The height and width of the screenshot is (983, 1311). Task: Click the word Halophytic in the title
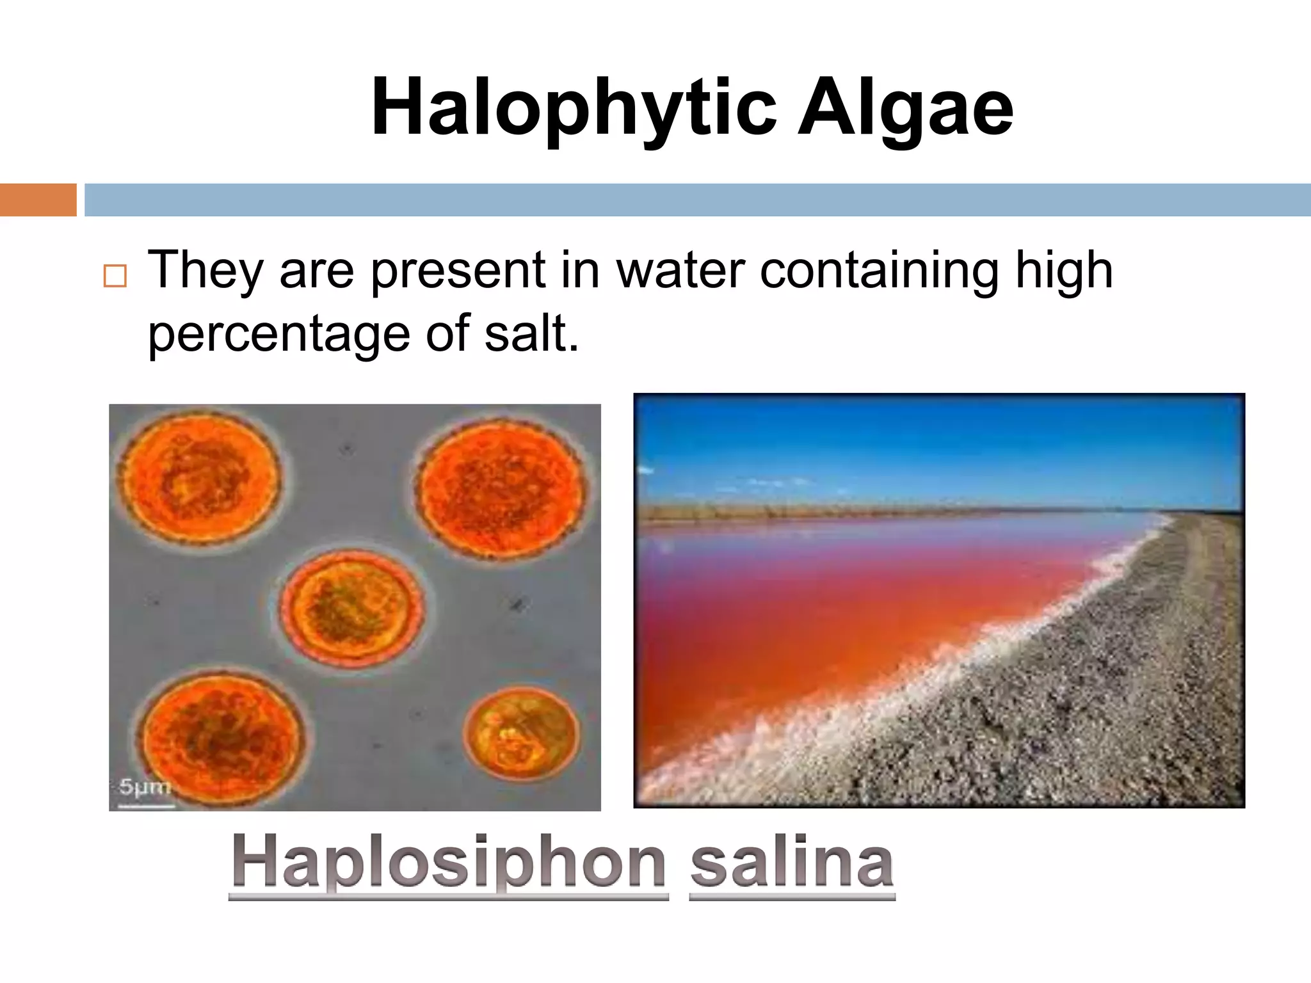[x=574, y=108]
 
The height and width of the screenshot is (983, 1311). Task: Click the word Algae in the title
[x=905, y=108]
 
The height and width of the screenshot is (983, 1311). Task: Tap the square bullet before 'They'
[x=115, y=276]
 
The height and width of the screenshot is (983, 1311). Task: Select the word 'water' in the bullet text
[x=680, y=270]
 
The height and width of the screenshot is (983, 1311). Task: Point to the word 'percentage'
[x=279, y=334]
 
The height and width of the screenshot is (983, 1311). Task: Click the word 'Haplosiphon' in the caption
[x=449, y=862]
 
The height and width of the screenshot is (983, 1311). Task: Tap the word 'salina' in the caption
[x=792, y=862]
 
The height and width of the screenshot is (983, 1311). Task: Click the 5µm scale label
[x=145, y=787]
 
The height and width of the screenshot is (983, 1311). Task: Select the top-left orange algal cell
[x=198, y=477]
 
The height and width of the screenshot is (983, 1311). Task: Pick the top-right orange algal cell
[x=501, y=490]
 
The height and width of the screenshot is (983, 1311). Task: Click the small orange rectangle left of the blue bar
[x=38, y=200]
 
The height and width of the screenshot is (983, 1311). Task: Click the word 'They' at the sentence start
[x=205, y=270]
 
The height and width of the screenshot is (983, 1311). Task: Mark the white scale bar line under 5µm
[x=147, y=806]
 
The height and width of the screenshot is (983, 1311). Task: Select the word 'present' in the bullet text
[x=458, y=270]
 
